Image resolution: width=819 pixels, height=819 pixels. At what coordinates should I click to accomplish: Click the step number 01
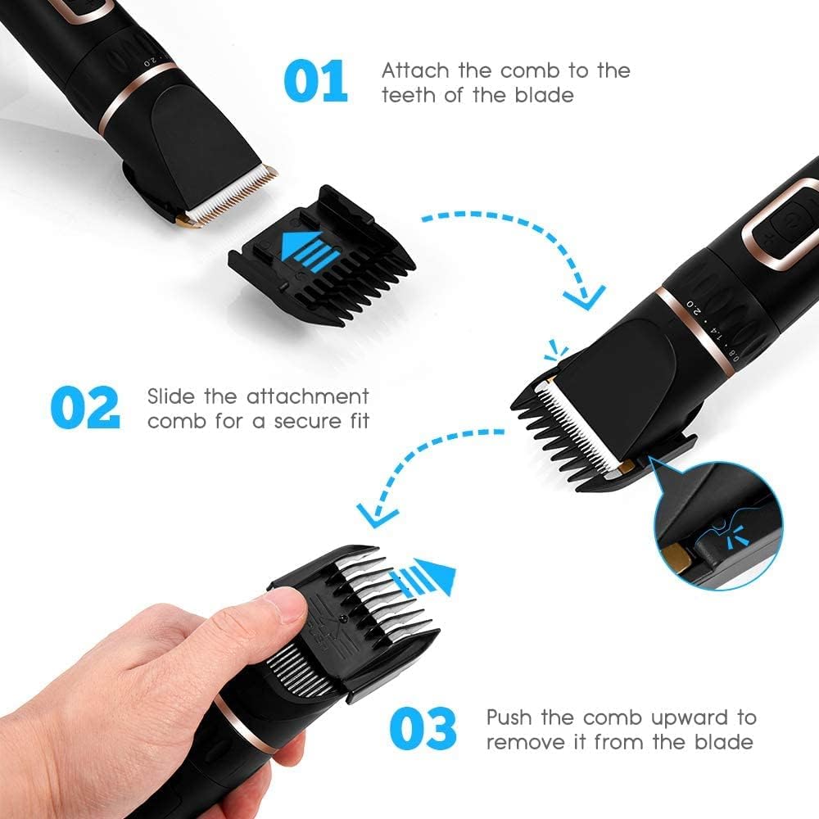point(315,82)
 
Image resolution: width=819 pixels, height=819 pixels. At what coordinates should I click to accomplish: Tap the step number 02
point(84,408)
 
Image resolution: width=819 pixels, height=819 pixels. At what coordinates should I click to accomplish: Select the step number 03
point(422,729)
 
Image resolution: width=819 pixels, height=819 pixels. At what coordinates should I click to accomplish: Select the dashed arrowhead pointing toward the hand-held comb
point(376,514)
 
